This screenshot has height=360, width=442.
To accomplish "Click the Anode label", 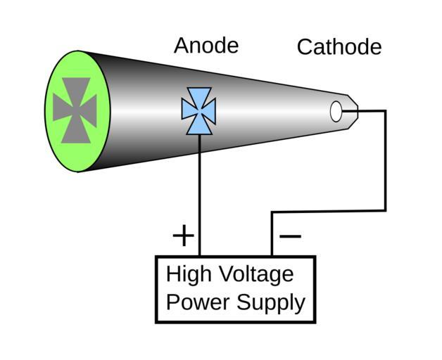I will (206, 46).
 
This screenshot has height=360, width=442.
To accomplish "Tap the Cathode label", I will (339, 47).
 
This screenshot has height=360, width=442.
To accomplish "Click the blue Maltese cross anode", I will (198, 111).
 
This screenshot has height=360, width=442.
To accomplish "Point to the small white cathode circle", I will (336, 111).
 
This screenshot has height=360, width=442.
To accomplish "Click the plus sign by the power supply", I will (183, 235).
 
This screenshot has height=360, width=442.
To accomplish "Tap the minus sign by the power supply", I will (290, 235).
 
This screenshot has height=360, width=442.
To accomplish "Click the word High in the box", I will (189, 274).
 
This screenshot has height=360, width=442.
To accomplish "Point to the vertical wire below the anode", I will (200, 197).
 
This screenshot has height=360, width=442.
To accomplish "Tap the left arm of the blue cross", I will (188, 111).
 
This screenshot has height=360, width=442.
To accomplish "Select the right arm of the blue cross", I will (210, 111).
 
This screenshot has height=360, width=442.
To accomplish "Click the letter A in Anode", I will (182, 46).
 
